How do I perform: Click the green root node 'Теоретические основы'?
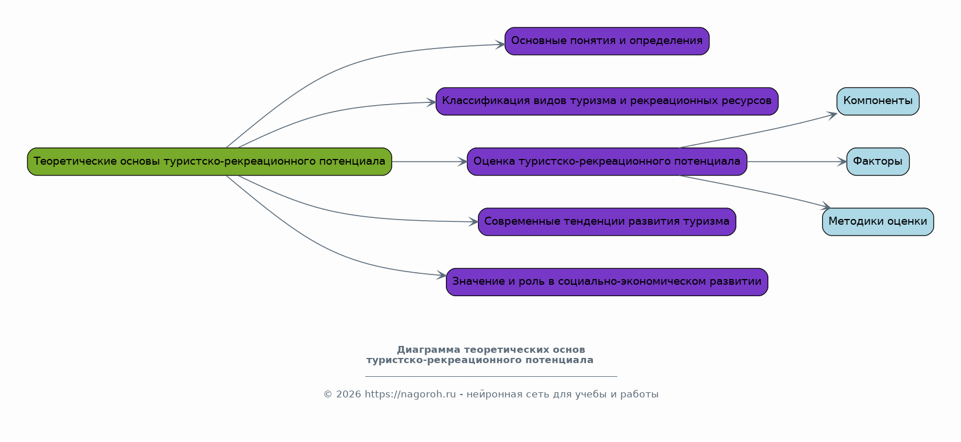pos(209,162)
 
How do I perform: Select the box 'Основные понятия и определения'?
pos(607,41)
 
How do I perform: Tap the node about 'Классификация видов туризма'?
pos(607,101)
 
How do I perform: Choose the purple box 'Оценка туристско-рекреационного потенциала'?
pos(607,162)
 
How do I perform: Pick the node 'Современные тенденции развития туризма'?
pos(607,222)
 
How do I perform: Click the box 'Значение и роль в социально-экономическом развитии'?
pos(607,282)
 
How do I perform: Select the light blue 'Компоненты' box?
pos(878,101)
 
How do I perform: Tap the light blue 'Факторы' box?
pos(878,162)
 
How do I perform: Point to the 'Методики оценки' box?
pos(878,222)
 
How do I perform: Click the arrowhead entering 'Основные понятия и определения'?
pos(500,45)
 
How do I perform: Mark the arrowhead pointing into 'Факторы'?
pos(842,162)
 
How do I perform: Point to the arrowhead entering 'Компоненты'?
pos(833,114)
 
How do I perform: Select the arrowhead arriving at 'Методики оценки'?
pos(826,207)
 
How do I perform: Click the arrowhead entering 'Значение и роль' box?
pos(442,276)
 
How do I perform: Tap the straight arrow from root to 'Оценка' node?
pos(429,162)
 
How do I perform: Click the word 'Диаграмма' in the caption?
pos(428,350)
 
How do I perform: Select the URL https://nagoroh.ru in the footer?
pos(410,395)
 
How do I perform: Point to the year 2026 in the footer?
pos(348,395)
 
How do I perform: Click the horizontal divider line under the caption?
pos(491,376)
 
